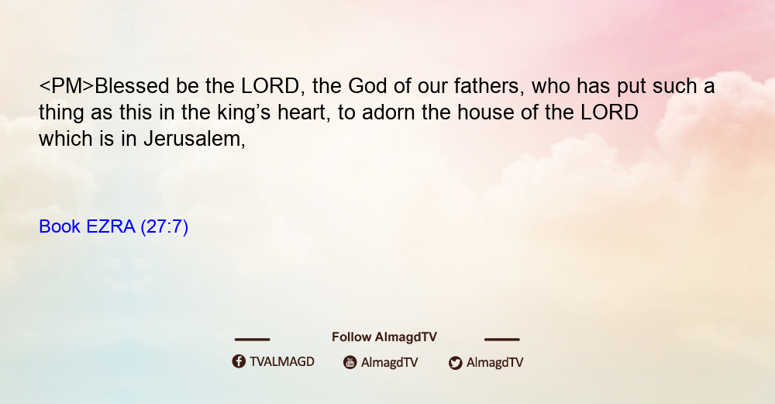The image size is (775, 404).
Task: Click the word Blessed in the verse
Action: (132, 86)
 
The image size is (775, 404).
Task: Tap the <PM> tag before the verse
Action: (66, 86)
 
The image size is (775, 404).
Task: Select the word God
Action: (367, 86)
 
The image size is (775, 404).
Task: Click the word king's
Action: (244, 112)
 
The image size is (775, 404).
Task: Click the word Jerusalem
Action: (195, 139)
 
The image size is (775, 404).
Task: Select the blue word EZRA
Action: (111, 226)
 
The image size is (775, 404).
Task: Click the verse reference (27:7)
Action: (164, 227)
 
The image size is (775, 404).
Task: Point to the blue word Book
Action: (60, 226)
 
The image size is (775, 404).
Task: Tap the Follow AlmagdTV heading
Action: (384, 337)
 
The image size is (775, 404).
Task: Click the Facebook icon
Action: (239, 361)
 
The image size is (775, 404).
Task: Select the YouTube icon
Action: (350, 362)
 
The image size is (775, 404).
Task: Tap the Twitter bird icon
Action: (455, 363)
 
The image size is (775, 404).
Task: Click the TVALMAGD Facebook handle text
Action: (282, 362)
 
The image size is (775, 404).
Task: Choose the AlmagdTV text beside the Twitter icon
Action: (494, 363)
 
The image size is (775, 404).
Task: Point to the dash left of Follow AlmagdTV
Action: (252, 340)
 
